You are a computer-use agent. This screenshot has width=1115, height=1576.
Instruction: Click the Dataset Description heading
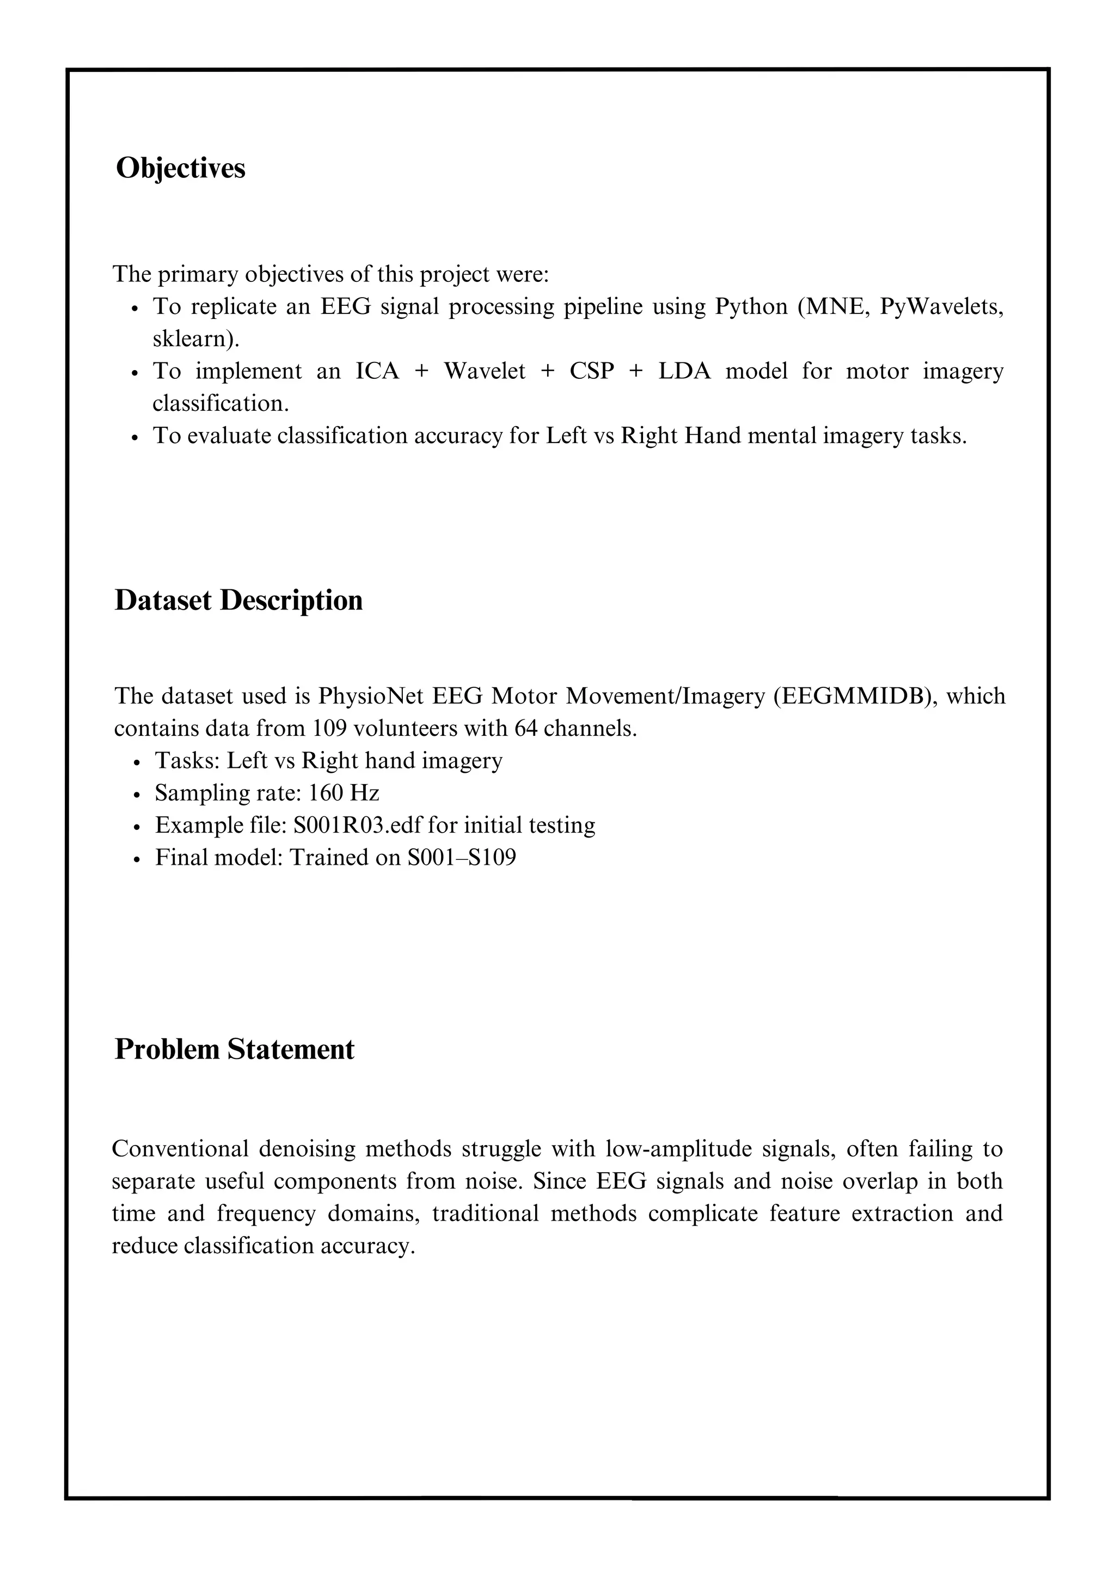(238, 601)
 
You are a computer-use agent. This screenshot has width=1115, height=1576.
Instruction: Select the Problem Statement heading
(234, 1050)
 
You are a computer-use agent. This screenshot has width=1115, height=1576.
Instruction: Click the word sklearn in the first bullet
(194, 339)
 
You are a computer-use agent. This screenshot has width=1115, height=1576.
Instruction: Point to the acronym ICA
(377, 371)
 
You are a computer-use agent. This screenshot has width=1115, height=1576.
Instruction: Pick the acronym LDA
(684, 371)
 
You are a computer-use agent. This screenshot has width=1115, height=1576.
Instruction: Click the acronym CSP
(591, 371)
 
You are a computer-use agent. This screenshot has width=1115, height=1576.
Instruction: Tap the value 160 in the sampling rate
(326, 793)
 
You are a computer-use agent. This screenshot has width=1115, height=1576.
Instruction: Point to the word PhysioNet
(371, 696)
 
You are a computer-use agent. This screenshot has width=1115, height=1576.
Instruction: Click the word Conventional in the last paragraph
(180, 1149)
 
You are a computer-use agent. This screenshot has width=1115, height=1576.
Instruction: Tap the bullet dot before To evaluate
(134, 437)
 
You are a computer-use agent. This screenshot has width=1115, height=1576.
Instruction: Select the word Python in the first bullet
(751, 307)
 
